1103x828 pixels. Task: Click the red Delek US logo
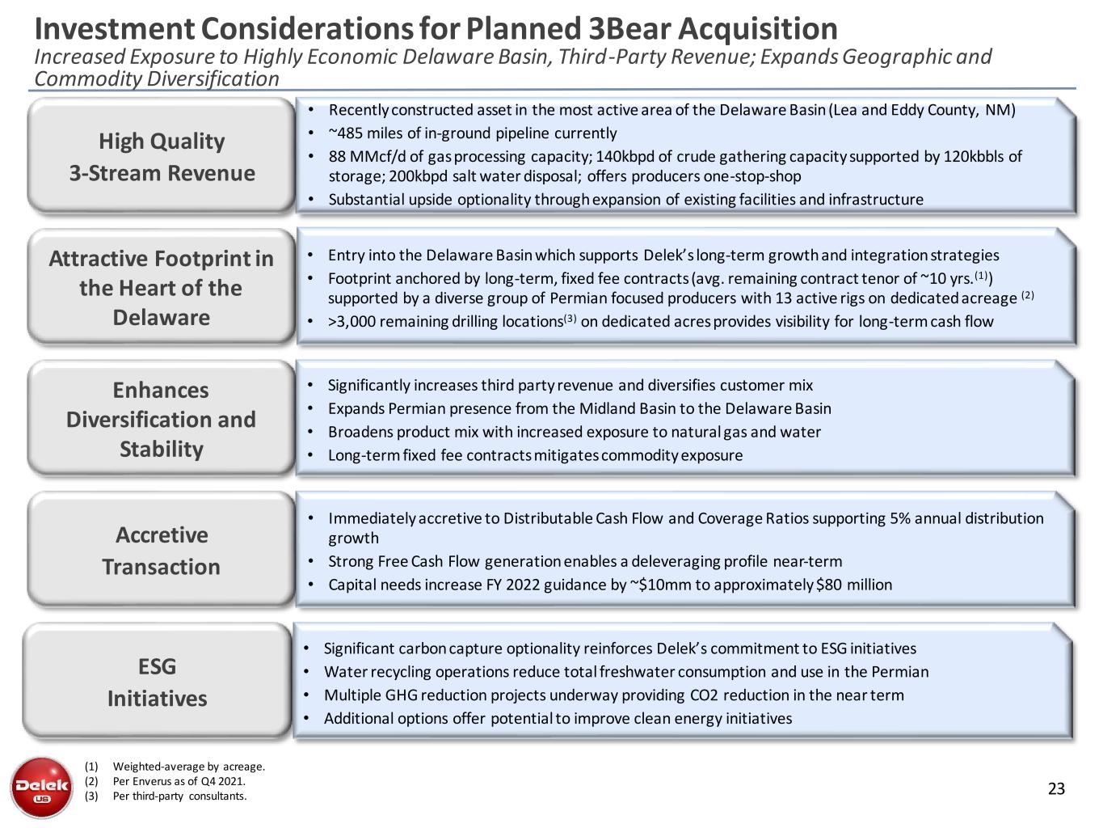pyautogui.click(x=41, y=787)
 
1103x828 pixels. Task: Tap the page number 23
pyautogui.click(x=1056, y=789)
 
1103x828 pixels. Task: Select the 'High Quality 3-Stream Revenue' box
pyautogui.click(x=162, y=157)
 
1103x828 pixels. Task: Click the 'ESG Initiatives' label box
pyautogui.click(x=158, y=682)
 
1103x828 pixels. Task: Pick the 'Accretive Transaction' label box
pyautogui.click(x=162, y=551)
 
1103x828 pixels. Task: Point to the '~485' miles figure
pyautogui.click(x=345, y=133)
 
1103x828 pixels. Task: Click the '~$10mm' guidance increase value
pyautogui.click(x=656, y=585)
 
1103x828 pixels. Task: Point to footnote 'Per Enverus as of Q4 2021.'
pyautogui.click(x=179, y=781)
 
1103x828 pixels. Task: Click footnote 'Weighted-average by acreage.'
pyautogui.click(x=189, y=767)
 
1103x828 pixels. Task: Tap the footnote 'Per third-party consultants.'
pyautogui.click(x=180, y=796)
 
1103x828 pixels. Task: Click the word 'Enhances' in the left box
pyautogui.click(x=161, y=391)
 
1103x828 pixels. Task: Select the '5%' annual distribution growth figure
pyautogui.click(x=899, y=518)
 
